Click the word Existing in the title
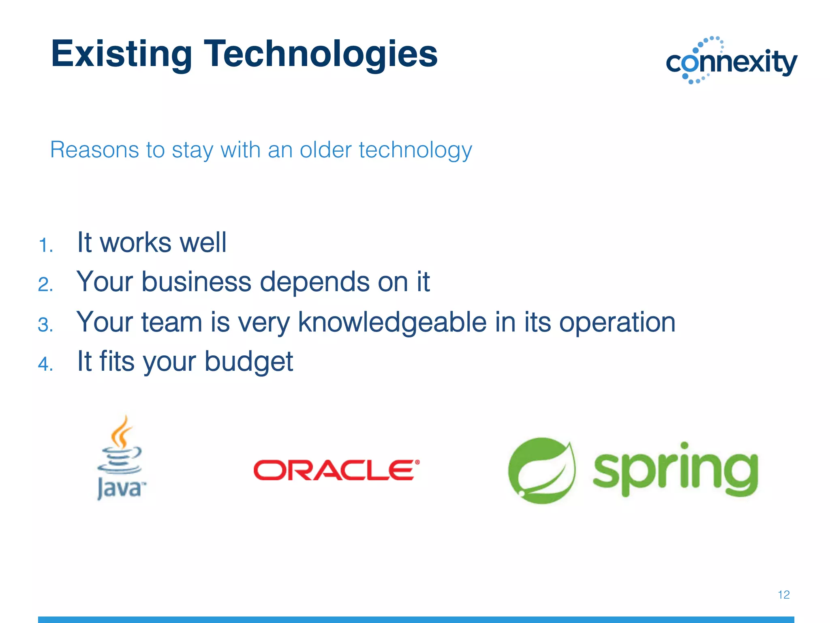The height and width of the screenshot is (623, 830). click(121, 54)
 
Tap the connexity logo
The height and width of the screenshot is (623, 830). click(732, 61)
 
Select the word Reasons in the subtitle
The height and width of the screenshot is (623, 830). click(94, 150)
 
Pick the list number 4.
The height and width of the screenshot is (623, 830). click(45, 364)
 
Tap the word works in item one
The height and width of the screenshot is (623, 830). click(135, 243)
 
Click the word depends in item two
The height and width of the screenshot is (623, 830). click(314, 282)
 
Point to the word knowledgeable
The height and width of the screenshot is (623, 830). click(392, 322)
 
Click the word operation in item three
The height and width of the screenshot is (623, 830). click(617, 323)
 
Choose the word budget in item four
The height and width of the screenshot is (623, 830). click(248, 361)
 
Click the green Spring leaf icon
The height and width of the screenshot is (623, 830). click(542, 470)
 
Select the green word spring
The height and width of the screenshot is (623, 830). click(675, 470)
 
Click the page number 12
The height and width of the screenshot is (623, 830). click(783, 595)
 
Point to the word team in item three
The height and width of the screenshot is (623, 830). click(171, 322)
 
